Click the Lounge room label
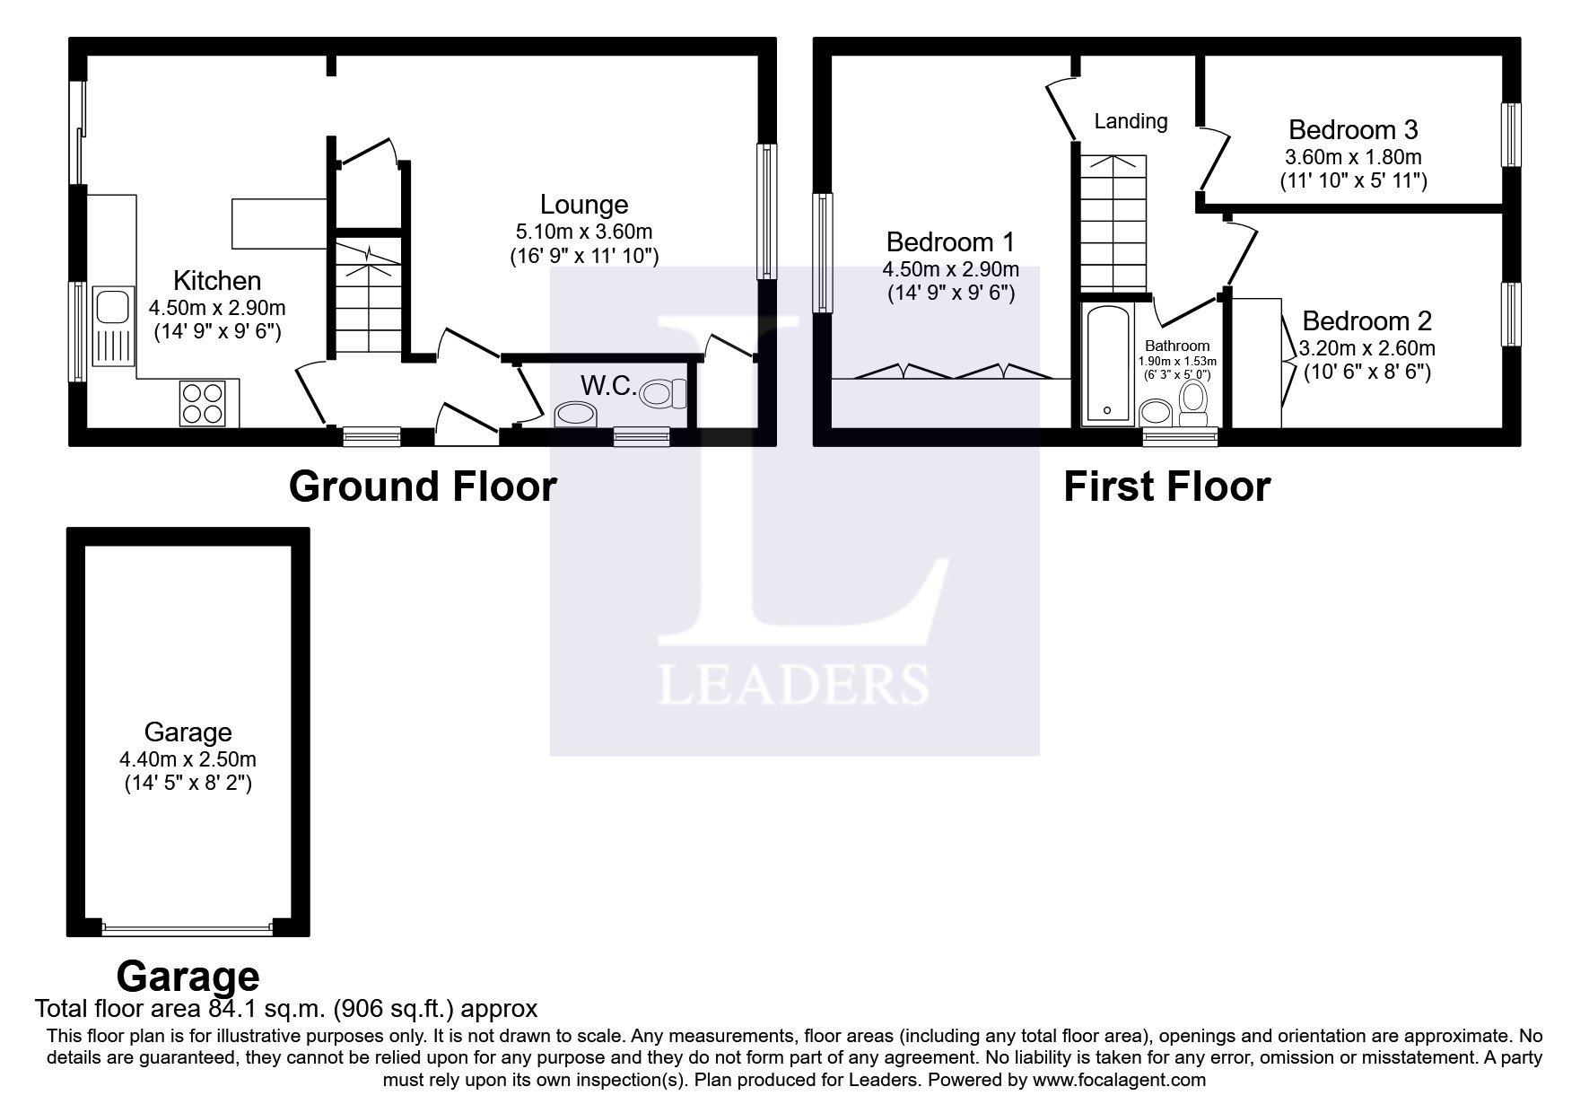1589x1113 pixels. pos(583,205)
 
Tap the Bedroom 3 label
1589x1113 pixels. pos(1352,130)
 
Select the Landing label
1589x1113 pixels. pos(1131,121)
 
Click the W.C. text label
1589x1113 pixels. pos(608,387)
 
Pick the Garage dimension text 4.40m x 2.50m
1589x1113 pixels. pos(188,759)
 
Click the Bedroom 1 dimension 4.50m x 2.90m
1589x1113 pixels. pos(950,269)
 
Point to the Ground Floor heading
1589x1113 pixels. pos(423,486)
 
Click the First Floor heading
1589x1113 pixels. pos(1166,486)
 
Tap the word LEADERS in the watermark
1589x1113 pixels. pos(792,685)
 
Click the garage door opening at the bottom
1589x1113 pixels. pos(188,927)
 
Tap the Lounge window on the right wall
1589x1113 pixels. pos(767,211)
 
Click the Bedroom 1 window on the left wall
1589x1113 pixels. pos(822,252)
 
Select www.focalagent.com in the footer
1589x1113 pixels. pos(1119,1080)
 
